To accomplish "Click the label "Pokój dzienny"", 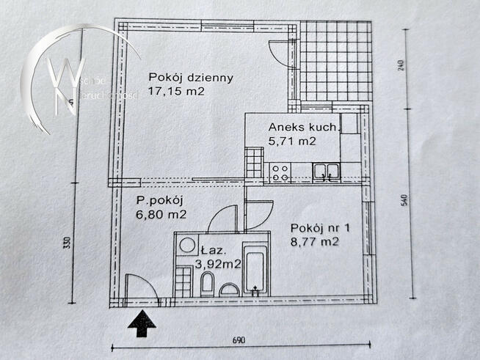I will click(x=181, y=77).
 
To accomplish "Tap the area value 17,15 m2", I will click(x=175, y=92).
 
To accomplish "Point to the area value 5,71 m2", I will click(x=291, y=142).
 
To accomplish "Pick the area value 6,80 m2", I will click(x=161, y=215).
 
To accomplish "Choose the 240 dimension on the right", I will click(x=401, y=68).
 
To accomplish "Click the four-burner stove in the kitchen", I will click(x=280, y=172).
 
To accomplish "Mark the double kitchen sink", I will click(x=325, y=172).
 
